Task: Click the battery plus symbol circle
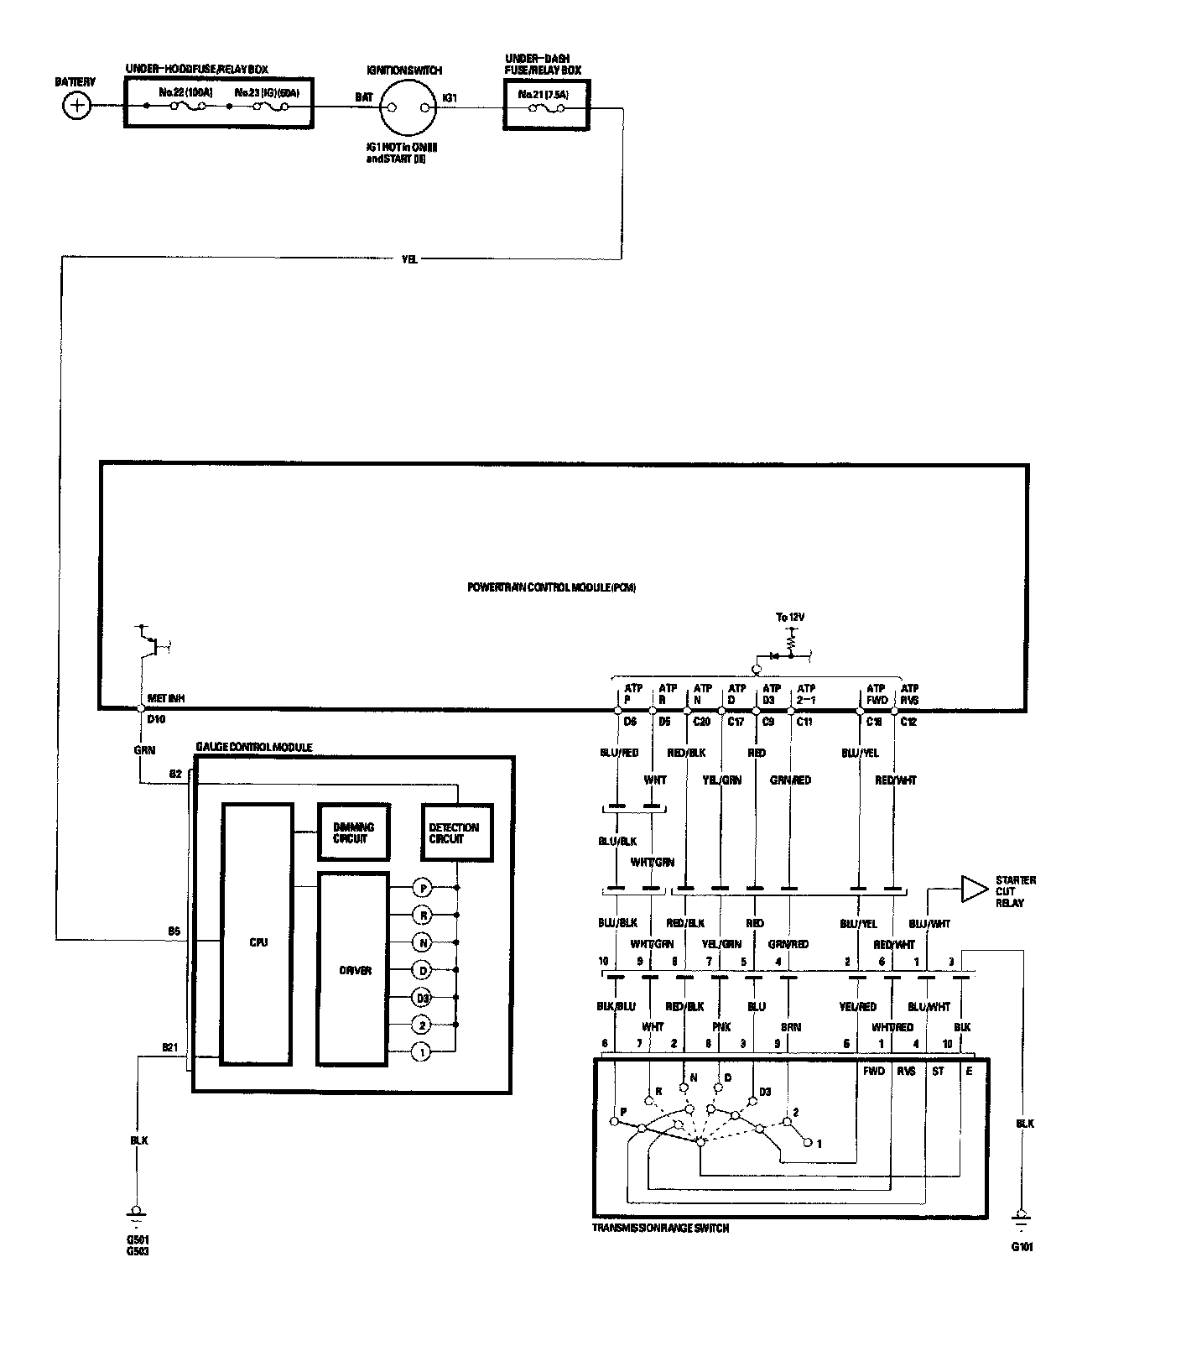click(x=77, y=106)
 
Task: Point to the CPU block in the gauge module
click(x=258, y=942)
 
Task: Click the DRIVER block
click(x=354, y=971)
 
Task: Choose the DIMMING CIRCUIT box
click(x=353, y=832)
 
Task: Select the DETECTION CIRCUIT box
click(x=455, y=832)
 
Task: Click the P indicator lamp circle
click(x=423, y=888)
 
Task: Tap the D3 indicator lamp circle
click(x=423, y=998)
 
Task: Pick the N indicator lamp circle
click(x=423, y=943)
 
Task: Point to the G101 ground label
click(x=1022, y=1247)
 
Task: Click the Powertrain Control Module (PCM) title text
click(x=551, y=587)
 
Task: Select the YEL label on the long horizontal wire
click(x=408, y=259)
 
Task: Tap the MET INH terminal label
click(x=166, y=698)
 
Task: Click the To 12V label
click(x=789, y=618)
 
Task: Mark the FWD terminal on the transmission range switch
click(x=874, y=1071)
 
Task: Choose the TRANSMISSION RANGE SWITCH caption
click(x=660, y=1229)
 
